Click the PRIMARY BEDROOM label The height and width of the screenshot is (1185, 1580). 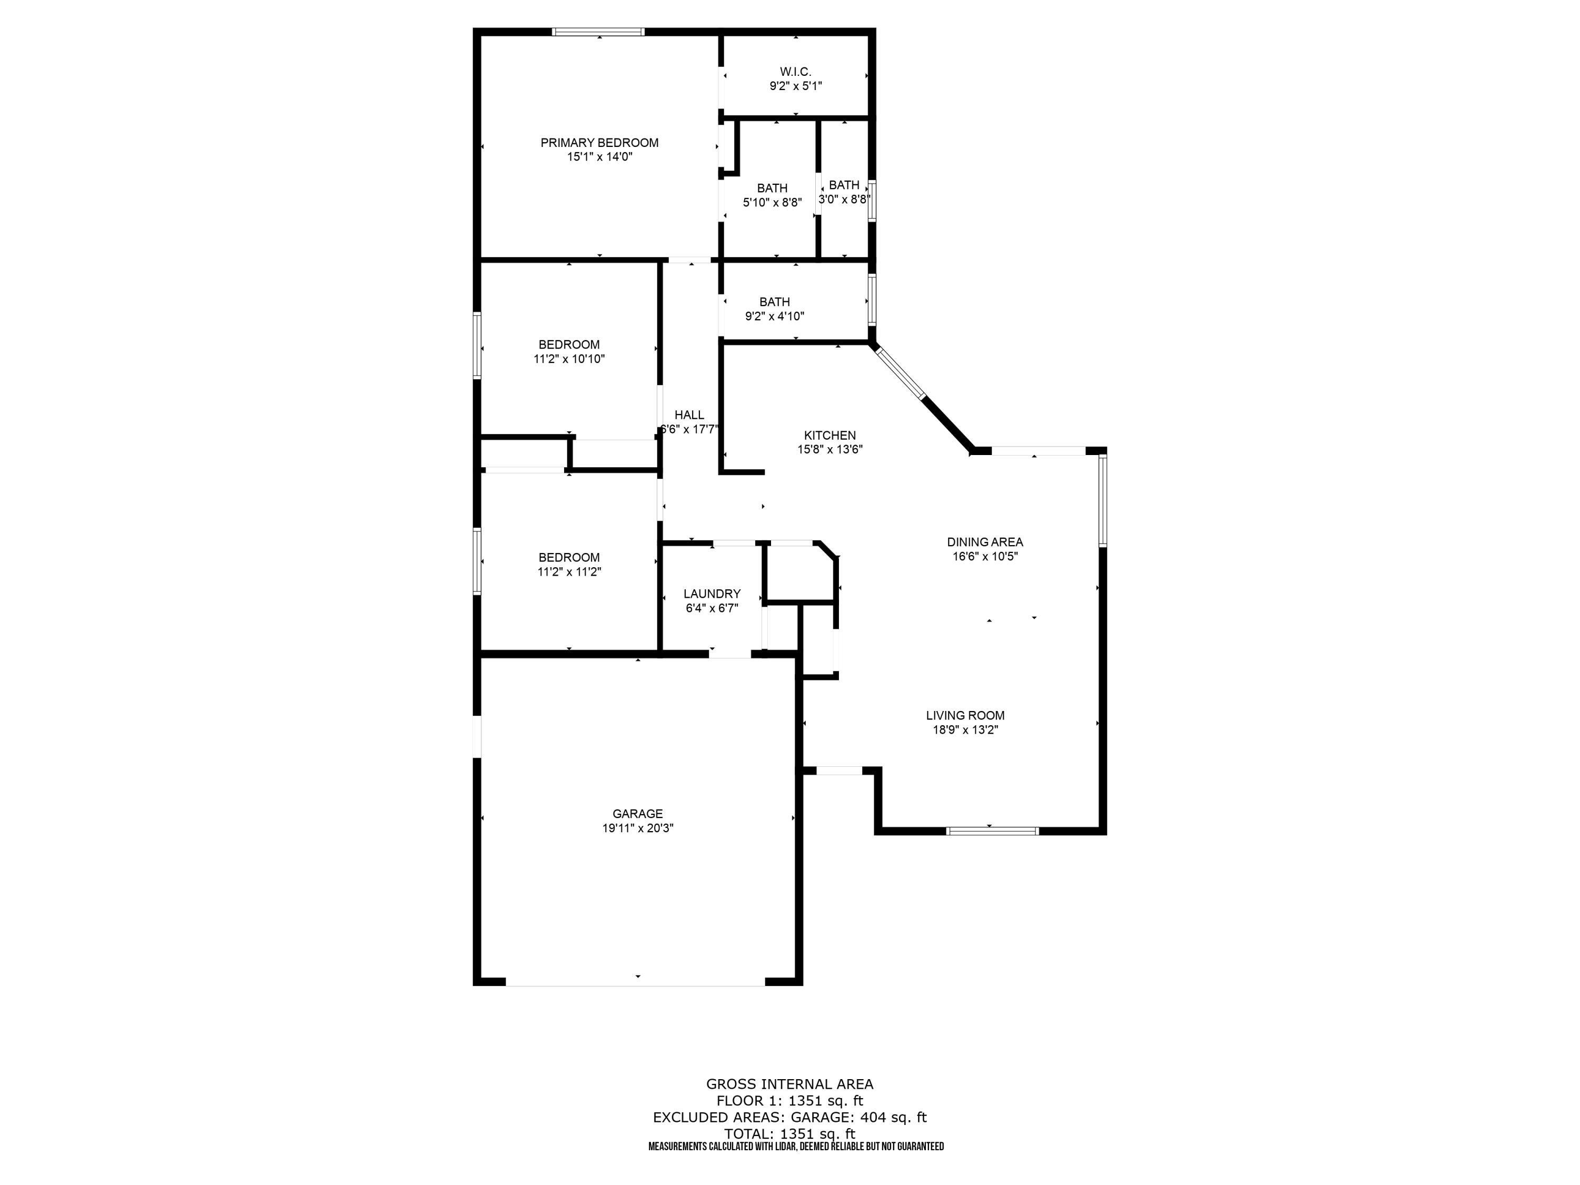click(599, 143)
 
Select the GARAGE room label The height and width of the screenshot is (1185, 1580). click(637, 814)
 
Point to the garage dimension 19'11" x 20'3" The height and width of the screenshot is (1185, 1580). click(637, 828)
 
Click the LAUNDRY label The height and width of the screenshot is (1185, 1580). click(712, 594)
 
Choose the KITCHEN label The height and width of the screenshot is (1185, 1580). click(829, 435)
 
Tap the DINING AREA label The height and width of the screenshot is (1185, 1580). click(984, 542)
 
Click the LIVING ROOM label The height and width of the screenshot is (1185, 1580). click(965, 715)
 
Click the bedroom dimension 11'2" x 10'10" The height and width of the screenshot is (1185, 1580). click(569, 359)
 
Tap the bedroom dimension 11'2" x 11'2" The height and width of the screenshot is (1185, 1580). click(569, 572)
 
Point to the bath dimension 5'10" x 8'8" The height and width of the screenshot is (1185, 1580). click(772, 203)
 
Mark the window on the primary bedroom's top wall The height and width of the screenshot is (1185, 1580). click(599, 32)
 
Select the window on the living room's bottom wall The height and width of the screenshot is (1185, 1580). click(992, 831)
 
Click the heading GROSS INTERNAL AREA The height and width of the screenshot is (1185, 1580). click(789, 1084)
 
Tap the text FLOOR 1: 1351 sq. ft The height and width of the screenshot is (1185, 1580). click(789, 1101)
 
